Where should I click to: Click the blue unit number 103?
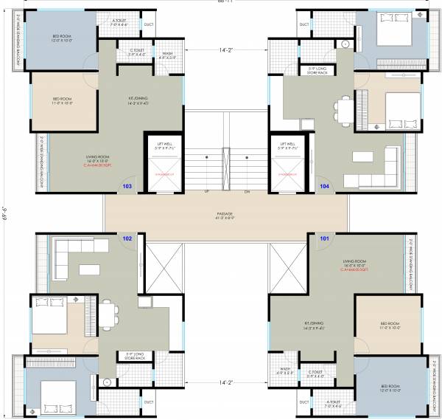click(x=127, y=187)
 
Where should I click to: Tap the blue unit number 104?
click(x=324, y=187)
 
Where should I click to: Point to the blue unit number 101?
click(x=324, y=238)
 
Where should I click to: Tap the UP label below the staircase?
click(x=207, y=192)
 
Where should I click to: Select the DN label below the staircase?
click(x=248, y=192)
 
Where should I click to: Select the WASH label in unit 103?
click(x=168, y=54)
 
